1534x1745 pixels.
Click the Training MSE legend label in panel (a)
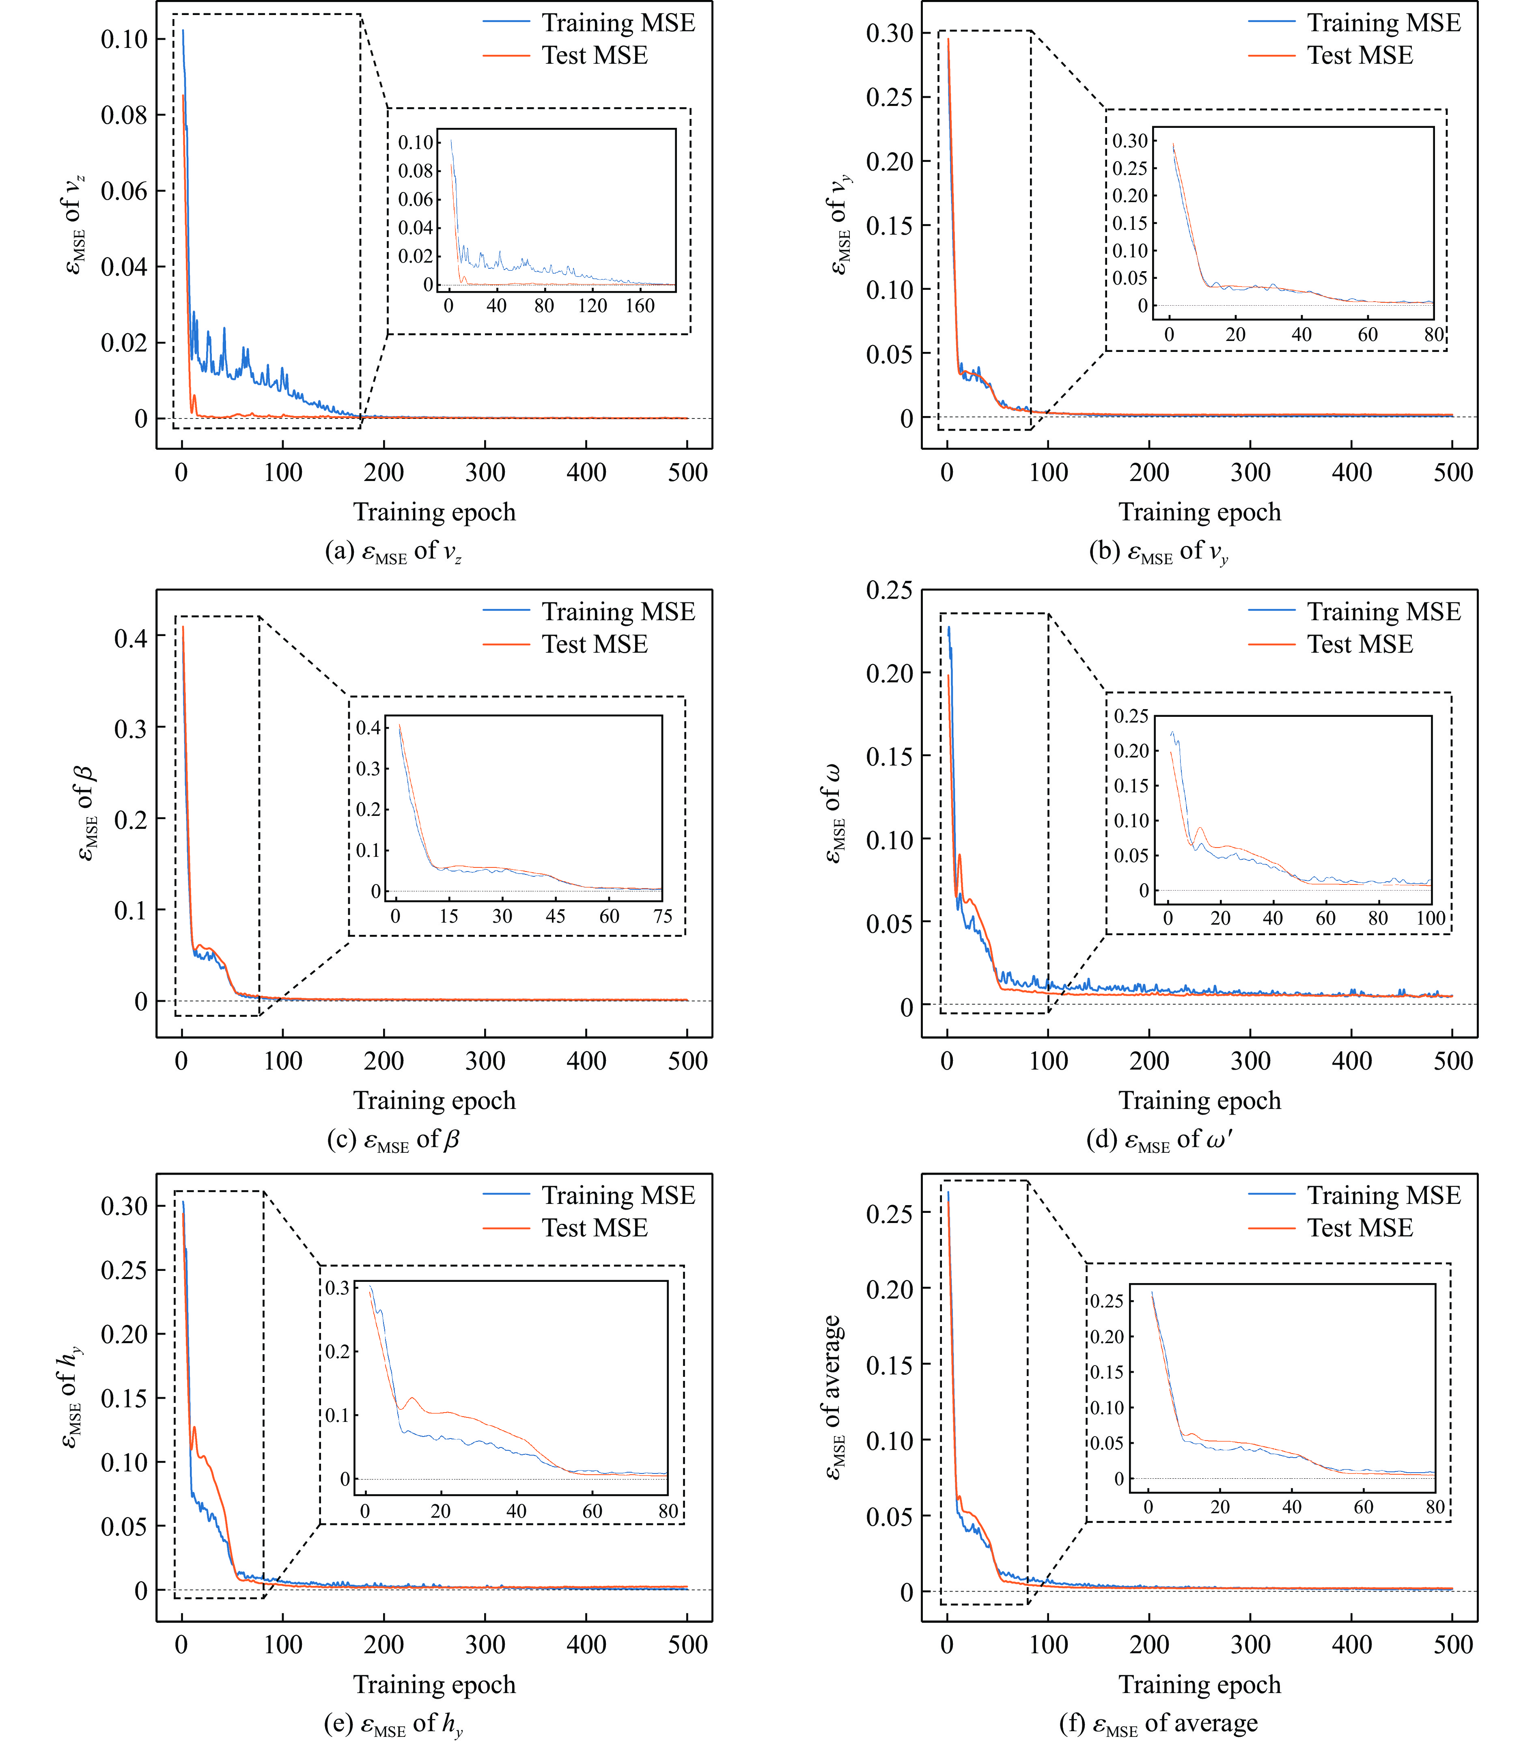click(618, 23)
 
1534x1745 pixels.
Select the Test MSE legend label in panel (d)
click(1360, 645)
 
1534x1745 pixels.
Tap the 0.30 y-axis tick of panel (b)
click(890, 33)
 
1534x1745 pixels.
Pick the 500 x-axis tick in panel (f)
click(1453, 1644)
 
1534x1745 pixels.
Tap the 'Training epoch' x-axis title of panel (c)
click(435, 1100)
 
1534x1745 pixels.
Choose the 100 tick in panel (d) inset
click(1431, 919)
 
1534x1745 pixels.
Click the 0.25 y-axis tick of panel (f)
click(890, 1213)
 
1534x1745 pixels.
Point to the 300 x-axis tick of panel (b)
click(1251, 472)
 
